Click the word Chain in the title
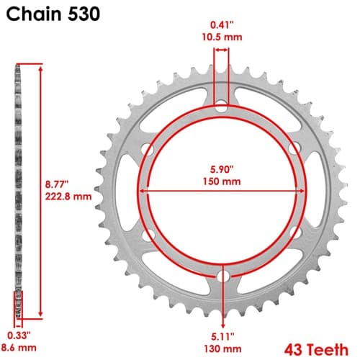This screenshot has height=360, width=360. tap(34, 14)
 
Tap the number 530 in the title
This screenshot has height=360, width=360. tap(84, 14)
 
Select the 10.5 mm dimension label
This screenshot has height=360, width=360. tap(222, 37)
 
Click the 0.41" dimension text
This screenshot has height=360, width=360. tap(222, 25)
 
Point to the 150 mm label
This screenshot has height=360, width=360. tap(222, 181)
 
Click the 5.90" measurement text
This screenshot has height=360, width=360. tap(222, 169)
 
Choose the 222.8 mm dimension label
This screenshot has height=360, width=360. tap(68, 197)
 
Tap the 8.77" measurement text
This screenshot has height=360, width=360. tap(57, 184)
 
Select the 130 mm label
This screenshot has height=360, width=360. tap(222, 348)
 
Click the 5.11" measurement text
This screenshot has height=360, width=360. tap(222, 336)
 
